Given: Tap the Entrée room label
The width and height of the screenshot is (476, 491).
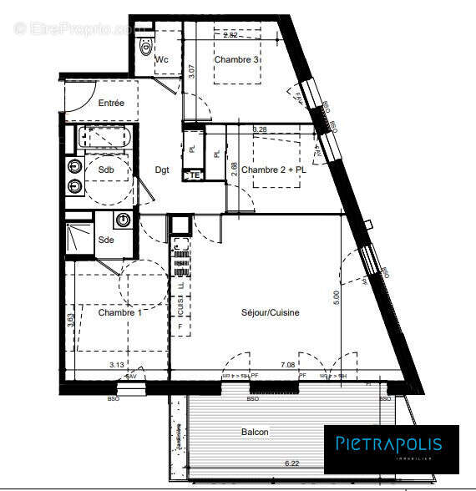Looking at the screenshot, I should (111, 104).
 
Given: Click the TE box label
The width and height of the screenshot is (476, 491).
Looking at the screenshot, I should (194, 175).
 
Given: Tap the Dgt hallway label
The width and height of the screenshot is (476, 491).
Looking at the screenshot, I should (162, 170).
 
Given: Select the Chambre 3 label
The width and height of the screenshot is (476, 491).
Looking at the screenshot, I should (236, 60).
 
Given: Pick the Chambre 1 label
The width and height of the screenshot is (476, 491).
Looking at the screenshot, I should (119, 313).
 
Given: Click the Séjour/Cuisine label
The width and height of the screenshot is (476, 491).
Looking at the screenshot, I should (270, 313).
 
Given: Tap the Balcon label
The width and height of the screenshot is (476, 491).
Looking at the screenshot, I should (255, 432).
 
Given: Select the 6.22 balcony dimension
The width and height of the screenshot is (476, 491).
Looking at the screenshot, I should (291, 463).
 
